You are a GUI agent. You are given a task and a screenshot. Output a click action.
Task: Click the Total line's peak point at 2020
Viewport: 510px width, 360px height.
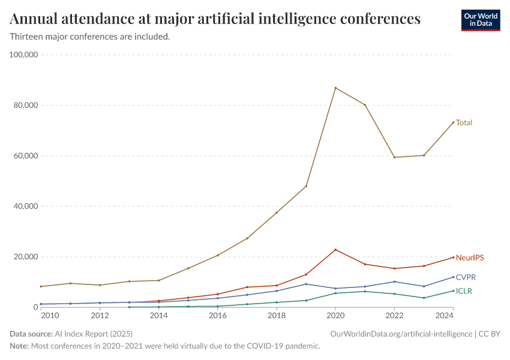coord(335,88)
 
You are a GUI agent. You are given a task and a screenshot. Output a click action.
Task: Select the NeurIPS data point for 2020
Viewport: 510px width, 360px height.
coord(335,250)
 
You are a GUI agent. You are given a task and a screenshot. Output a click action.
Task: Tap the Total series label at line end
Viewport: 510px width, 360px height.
coord(464,122)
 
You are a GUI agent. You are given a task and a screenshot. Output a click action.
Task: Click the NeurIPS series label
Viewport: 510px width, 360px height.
coord(469,257)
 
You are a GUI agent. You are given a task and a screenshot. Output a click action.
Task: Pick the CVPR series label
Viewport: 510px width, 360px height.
coord(466,277)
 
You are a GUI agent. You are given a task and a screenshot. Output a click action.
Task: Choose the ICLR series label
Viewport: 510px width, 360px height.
coord(464,291)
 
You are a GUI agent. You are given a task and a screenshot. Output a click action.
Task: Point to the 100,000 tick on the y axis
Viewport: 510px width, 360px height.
coord(24,55)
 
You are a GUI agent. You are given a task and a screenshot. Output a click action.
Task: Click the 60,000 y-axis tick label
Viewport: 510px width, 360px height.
coord(26,155)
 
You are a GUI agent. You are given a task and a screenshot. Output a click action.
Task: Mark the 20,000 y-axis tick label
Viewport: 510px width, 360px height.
coord(26,257)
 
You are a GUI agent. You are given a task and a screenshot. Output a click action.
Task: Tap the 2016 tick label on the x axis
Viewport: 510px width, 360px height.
coord(217,316)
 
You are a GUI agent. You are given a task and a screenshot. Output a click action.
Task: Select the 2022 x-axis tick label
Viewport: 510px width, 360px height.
coord(394,316)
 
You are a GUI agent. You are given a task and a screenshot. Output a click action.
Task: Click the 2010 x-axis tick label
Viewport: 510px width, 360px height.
coord(49,316)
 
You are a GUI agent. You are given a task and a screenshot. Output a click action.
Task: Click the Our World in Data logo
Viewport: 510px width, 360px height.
coord(480,20)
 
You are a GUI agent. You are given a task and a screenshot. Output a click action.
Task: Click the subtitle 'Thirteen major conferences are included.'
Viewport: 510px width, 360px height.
coord(90,37)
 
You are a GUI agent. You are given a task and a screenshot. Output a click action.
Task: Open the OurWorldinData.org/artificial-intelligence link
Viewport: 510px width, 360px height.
coord(400,333)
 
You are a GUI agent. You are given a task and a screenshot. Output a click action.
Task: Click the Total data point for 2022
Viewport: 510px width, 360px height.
coord(394,157)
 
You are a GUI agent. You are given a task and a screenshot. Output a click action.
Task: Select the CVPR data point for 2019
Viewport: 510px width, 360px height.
coord(306,284)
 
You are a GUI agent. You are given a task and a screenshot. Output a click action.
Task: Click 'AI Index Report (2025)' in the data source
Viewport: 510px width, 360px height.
coord(92,333)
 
